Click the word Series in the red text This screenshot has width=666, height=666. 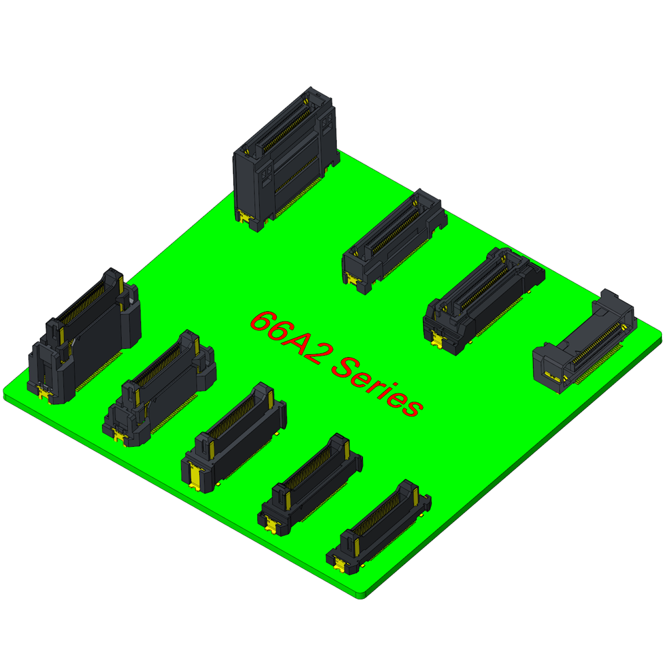click(x=377, y=386)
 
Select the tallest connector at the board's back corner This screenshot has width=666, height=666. click(x=286, y=159)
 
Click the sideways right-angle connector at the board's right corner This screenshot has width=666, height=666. click(x=585, y=341)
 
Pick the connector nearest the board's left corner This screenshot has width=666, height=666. click(x=84, y=336)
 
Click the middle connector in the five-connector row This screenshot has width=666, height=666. click(x=234, y=438)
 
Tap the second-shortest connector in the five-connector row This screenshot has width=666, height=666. click(x=310, y=484)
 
